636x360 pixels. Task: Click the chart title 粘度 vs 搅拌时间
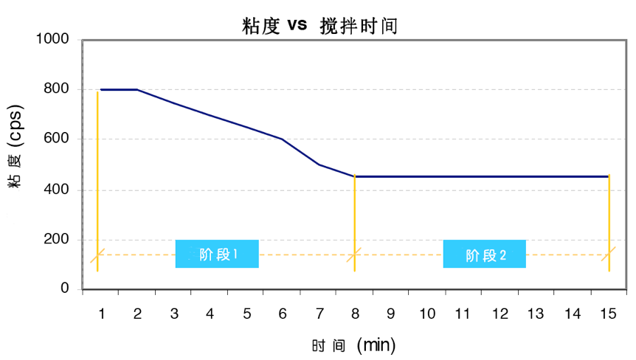coord(319,27)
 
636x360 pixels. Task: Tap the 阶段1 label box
coord(217,254)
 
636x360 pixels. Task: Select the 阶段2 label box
coord(484,255)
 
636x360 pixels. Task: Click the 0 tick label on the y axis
coord(65,289)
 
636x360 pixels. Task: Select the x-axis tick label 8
coord(355,314)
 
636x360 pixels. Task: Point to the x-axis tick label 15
coord(608,314)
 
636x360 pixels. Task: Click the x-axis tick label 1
coord(101,314)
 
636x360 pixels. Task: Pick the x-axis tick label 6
coord(283,314)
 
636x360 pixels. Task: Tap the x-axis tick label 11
coord(463,314)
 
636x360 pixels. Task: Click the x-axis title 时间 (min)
coord(353,345)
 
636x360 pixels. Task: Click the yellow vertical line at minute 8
coord(355,221)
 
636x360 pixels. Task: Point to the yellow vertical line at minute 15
coord(609,221)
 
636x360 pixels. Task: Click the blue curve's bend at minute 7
coord(319,164)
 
